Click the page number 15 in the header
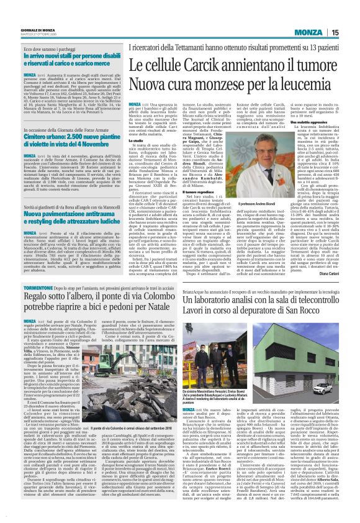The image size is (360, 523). tap(351, 14)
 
